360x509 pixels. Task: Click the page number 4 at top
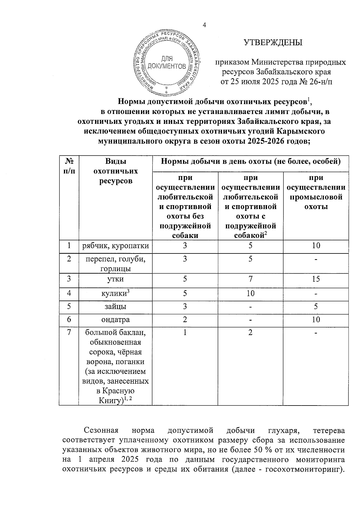pos(205,25)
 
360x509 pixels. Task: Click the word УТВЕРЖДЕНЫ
pos(273,43)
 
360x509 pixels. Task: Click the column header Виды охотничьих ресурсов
pos(115,171)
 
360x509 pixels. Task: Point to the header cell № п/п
pos(69,166)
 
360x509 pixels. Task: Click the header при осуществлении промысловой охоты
pos(316,192)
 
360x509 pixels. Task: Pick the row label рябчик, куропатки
pos(115,246)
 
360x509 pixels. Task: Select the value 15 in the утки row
pos(316,279)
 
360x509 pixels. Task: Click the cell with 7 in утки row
pos(250,279)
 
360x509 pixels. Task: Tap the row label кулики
pos(114,293)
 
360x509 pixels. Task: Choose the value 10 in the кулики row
pos(250,293)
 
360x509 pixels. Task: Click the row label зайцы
pos(115,307)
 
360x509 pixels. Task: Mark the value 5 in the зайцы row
pos(316,306)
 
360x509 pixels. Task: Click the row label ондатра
pos(115,320)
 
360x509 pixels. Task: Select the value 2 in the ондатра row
pos(185,319)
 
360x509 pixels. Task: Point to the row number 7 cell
pos(69,333)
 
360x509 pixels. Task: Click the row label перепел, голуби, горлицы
pos(115,263)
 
